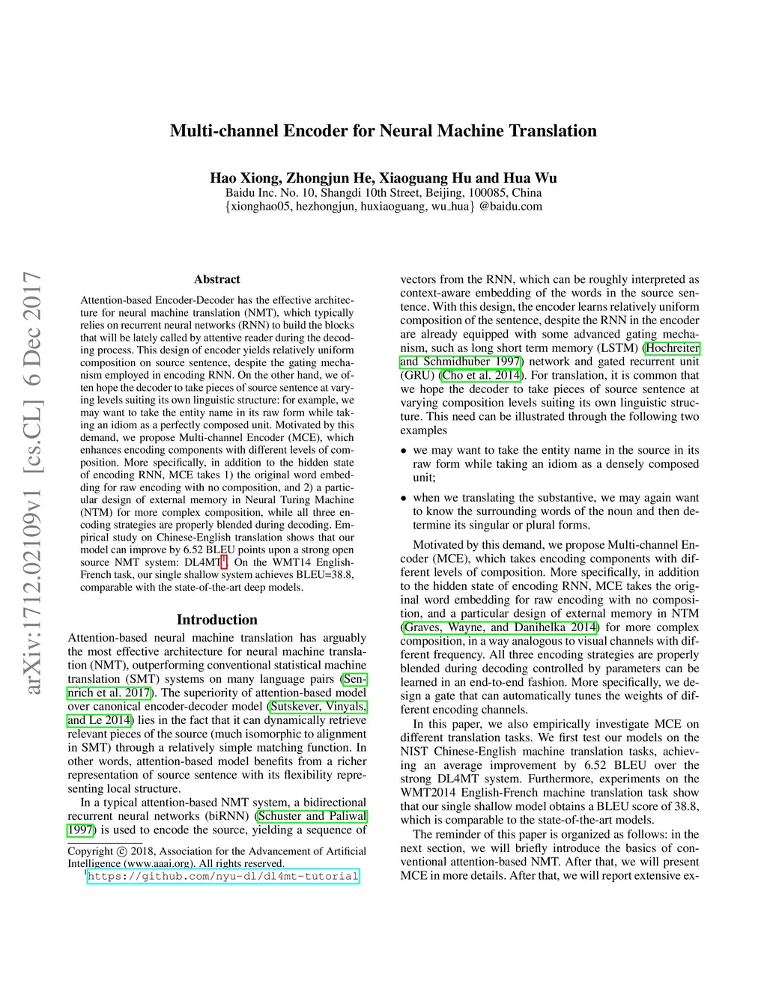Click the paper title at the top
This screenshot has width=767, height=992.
[x=383, y=131]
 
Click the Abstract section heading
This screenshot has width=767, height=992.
[x=216, y=279]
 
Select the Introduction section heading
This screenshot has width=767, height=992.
[x=216, y=619]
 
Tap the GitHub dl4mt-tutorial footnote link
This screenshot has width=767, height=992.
[x=223, y=876]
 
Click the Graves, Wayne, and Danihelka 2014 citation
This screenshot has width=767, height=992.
[x=500, y=627]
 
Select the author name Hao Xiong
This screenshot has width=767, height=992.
[x=244, y=178]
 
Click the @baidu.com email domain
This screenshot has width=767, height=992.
[x=511, y=206]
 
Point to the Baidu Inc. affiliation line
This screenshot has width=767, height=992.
[x=383, y=192]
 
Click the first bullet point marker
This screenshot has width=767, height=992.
[x=404, y=451]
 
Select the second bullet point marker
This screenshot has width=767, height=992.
[x=404, y=498]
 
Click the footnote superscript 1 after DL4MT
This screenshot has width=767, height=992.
[x=223, y=559]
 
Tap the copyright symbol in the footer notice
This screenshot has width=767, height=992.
[x=121, y=851]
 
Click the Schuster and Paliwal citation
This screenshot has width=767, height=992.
[x=312, y=816]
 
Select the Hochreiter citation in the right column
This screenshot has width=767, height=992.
[x=673, y=348]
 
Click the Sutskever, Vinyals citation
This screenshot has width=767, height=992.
[x=318, y=706]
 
